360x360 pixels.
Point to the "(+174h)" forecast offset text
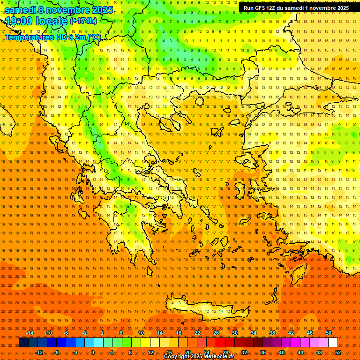83,21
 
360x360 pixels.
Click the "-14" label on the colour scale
30,333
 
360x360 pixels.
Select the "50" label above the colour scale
329,333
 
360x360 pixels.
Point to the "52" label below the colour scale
338,352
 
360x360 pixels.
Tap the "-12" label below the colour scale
39,352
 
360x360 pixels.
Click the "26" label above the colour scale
216,333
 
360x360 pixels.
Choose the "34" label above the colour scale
254,333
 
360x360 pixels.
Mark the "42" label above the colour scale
291,333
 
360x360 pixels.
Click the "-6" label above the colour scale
66,333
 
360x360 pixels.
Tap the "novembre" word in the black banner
323,8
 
